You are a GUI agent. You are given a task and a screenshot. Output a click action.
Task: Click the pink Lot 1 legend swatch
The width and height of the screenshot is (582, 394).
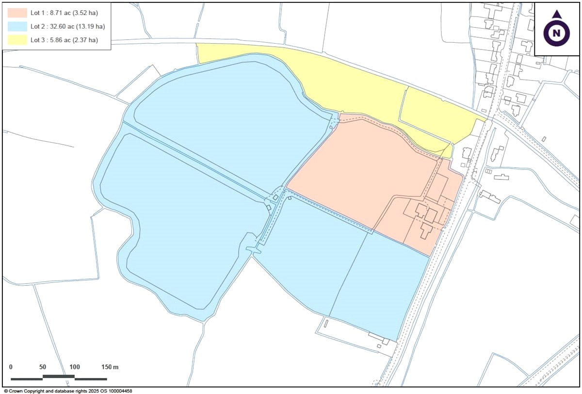click(x=17, y=13)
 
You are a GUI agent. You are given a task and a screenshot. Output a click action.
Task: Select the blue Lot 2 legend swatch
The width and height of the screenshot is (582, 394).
click(x=17, y=26)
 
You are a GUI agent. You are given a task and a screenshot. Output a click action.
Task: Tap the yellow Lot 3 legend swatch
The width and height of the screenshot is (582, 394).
click(x=17, y=40)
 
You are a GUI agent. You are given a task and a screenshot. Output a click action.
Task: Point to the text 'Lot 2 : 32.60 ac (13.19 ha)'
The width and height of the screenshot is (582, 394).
click(x=67, y=26)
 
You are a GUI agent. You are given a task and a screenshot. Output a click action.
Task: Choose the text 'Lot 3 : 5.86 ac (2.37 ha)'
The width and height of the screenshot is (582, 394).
click(x=64, y=40)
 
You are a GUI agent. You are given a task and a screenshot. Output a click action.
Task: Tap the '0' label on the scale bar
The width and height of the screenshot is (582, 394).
click(x=11, y=367)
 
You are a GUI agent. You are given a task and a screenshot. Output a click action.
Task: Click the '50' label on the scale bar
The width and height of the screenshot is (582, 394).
click(x=42, y=367)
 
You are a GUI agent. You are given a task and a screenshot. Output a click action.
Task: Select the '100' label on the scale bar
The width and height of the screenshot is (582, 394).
click(x=74, y=367)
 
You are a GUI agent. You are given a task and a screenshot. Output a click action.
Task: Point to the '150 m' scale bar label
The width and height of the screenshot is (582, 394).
click(x=110, y=367)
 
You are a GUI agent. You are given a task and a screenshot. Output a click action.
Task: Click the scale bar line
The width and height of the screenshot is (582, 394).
click(x=58, y=378)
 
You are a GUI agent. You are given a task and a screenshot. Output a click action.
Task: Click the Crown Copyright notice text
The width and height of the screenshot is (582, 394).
click(x=68, y=391)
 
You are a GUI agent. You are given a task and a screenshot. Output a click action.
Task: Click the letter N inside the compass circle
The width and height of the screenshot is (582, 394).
click(x=556, y=33)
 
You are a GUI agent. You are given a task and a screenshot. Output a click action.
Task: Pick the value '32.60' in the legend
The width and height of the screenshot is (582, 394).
click(x=59, y=26)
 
